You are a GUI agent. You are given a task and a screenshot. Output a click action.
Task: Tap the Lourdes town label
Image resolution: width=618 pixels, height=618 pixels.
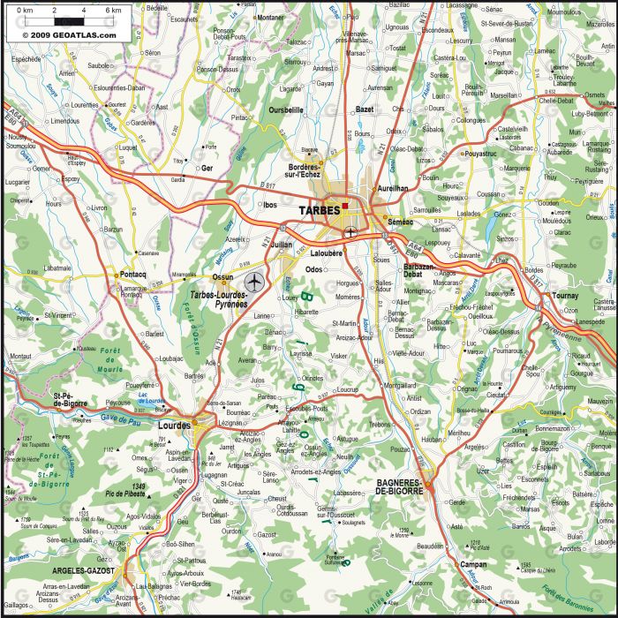pyautogui.click(x=173, y=424)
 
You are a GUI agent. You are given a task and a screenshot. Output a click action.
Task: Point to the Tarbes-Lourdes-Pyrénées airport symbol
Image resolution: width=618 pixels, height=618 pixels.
pyautogui.click(x=255, y=282)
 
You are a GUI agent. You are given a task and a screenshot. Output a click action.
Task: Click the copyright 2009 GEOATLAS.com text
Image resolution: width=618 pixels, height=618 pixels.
pyautogui.click(x=61, y=34)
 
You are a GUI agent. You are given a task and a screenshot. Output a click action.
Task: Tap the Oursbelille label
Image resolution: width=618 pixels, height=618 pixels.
pyautogui.click(x=285, y=109)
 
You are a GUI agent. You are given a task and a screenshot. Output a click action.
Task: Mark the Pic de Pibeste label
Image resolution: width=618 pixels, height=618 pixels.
pyautogui.click(x=124, y=494)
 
